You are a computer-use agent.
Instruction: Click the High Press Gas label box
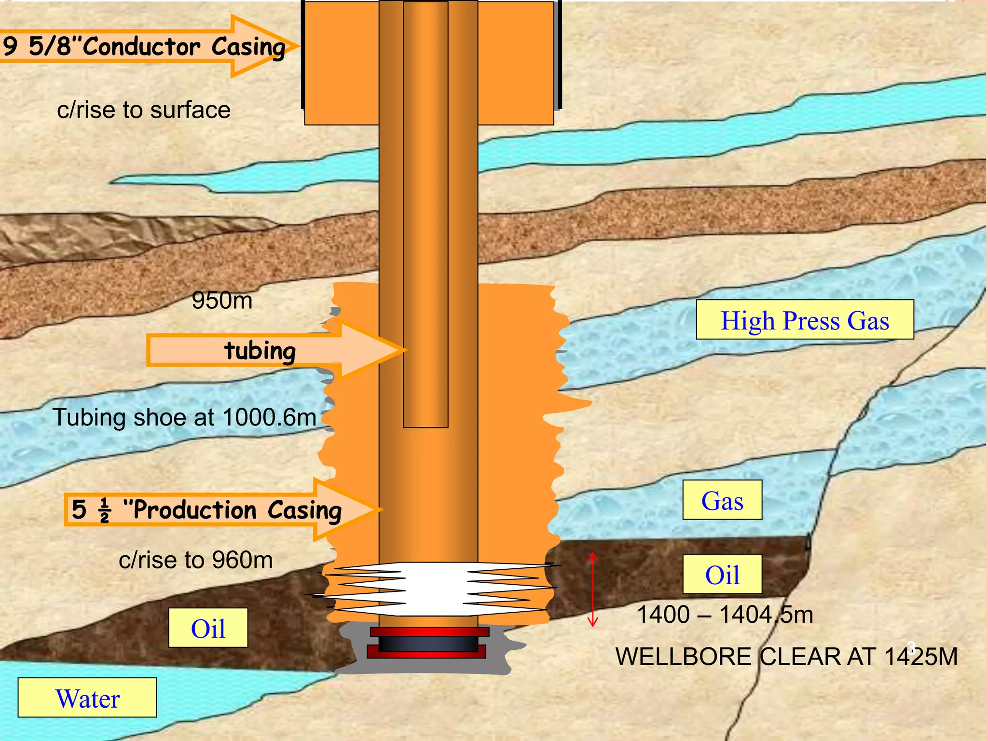pos(805,319)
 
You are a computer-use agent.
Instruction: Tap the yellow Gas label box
pos(722,500)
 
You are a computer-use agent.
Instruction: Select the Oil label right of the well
pos(722,574)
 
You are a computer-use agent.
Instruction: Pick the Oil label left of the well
pos(208,628)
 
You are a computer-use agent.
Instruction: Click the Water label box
pos(87,698)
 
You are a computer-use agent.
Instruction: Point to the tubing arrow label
pos(261,350)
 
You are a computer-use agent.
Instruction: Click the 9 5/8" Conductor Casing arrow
pos(145,46)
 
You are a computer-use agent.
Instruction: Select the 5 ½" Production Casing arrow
pos(207,509)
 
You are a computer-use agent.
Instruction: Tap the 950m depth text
pos(222,300)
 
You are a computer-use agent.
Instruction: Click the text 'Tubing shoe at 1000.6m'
pos(184,417)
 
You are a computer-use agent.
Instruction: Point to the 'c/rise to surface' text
pos(144,110)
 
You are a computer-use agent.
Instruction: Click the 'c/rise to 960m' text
pos(196,560)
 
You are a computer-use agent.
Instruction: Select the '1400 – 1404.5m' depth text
pos(725,615)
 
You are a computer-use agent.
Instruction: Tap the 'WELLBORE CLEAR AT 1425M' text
pos(786,656)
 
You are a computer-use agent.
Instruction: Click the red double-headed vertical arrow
pos(593,590)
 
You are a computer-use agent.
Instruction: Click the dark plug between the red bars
pos(428,643)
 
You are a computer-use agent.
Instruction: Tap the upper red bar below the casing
pos(429,632)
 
